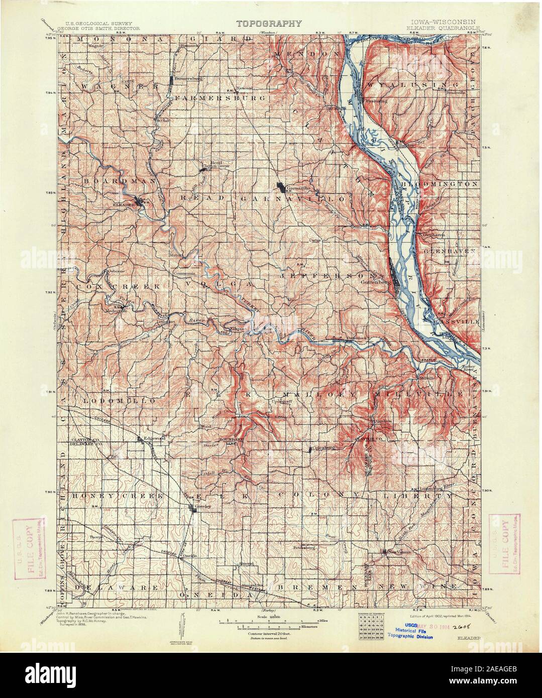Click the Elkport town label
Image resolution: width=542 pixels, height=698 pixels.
click(x=236, y=329)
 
